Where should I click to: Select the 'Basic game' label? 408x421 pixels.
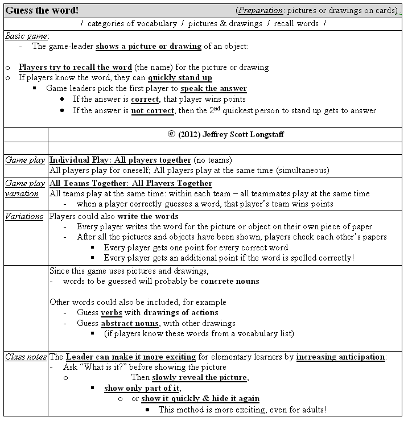(25, 35)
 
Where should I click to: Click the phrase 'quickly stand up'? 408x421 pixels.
(180, 78)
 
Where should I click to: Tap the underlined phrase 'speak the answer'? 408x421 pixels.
(213, 89)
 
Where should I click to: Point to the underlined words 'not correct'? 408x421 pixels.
(153, 110)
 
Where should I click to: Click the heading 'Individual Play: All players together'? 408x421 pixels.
(120, 160)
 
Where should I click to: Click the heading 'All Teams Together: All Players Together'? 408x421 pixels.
(131, 183)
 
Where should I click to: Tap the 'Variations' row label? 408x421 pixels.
(25, 216)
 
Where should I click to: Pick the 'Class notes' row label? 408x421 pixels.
(26, 357)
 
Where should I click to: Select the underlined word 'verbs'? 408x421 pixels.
(112, 312)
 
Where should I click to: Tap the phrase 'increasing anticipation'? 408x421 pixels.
(340, 357)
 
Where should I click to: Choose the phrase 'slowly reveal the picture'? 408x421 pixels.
(200, 378)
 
